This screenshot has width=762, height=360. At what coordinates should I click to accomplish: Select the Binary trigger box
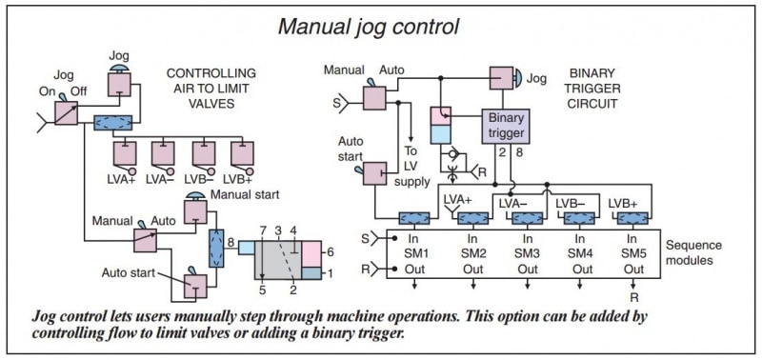click(508, 125)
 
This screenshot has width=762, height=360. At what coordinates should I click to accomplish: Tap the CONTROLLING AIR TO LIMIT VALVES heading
click(211, 89)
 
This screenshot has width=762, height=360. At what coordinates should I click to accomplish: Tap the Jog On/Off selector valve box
click(67, 113)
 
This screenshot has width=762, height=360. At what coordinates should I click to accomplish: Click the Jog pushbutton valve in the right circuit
click(503, 79)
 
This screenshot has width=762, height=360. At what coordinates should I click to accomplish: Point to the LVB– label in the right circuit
click(569, 203)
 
